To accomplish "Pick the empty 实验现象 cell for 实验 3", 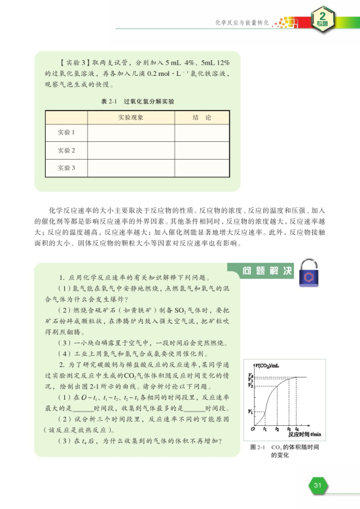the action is tap(130, 169).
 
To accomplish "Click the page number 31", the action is tap(317, 484).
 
